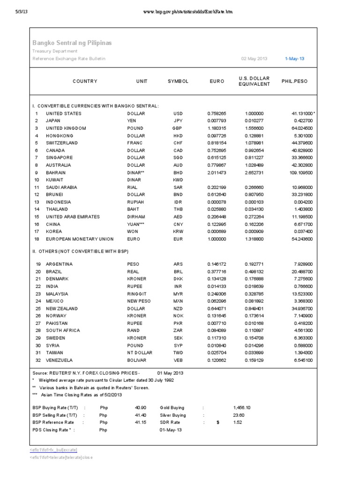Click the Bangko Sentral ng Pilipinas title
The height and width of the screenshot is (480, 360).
pos(72,43)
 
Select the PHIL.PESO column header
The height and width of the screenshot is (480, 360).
pos(294,81)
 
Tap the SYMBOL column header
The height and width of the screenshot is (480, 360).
pos(178,81)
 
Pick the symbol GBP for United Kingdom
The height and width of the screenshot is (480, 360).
pos(177,128)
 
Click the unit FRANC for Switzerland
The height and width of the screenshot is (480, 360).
pos(135,142)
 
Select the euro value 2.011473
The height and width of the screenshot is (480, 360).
pos(217,172)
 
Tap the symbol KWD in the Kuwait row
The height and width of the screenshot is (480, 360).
pos(178,180)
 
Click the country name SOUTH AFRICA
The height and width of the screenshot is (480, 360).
pos(63,330)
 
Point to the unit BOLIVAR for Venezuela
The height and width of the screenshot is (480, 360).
pos(136,360)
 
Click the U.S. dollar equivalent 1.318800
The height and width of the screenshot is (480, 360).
pos(255,239)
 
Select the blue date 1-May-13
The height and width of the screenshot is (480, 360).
pos(294,59)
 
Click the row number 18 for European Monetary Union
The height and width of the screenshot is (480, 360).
pos(36,239)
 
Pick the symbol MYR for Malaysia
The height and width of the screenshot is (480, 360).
pos(178,293)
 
